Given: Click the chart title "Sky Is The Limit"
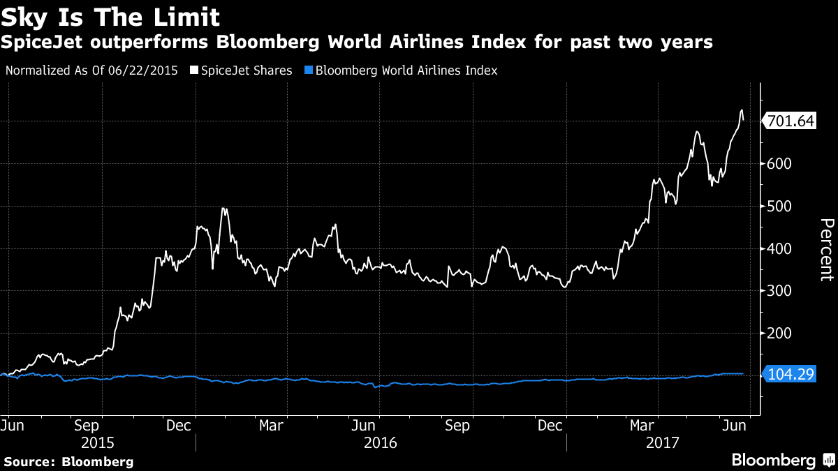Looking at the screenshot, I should (x=110, y=17).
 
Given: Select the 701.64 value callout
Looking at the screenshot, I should (x=790, y=121).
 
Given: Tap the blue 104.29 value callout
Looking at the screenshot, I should (x=790, y=375).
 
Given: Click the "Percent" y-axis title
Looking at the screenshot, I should (x=826, y=249).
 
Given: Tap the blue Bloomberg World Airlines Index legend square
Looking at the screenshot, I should (x=309, y=70).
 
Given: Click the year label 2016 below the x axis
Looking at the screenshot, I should (x=381, y=442).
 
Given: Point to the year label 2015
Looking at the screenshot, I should (x=98, y=442).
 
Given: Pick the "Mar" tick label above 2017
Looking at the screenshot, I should (x=642, y=424).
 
